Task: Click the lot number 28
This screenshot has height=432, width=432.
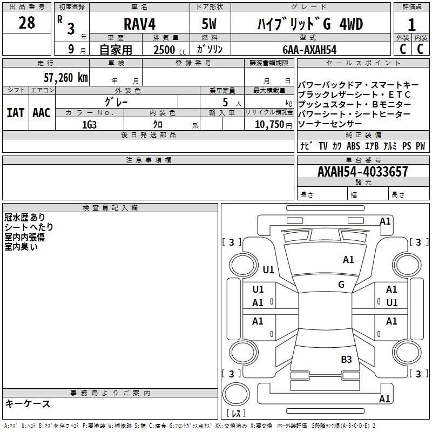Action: tap(26, 23)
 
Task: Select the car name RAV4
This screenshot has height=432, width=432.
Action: tap(140, 24)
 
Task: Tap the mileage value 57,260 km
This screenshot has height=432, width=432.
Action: tap(66, 78)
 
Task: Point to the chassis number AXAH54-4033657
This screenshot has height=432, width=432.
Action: tap(362, 171)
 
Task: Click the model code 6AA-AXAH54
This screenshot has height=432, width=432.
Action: tap(309, 50)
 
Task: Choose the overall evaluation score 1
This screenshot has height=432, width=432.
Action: tap(411, 24)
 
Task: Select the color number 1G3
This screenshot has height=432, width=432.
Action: tap(89, 125)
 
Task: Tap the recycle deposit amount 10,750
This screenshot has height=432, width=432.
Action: tap(269, 125)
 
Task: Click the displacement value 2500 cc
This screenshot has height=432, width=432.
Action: tap(170, 50)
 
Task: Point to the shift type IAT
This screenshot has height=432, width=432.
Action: tap(16, 113)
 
